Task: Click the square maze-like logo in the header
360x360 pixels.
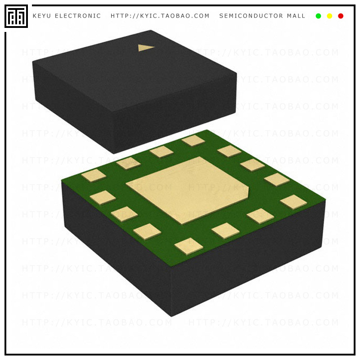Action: pos(16,16)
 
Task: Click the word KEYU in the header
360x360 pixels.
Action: pos(42,16)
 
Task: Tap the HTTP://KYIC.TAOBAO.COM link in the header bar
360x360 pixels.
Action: pos(160,16)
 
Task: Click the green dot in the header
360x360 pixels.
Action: pos(319,16)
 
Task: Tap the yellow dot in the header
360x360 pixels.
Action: pos(329,16)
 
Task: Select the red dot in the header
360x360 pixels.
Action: pos(341,16)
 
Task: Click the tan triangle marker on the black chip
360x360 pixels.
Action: pos(145,47)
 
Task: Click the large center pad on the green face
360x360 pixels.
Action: pos(187,189)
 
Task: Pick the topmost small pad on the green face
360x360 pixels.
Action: pos(193,140)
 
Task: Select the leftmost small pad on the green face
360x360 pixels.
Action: pos(93,175)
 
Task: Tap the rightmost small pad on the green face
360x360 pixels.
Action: pos(293,202)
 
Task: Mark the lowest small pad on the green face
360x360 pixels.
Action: pos(189,246)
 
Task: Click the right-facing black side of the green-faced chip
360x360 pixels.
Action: pos(247,261)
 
